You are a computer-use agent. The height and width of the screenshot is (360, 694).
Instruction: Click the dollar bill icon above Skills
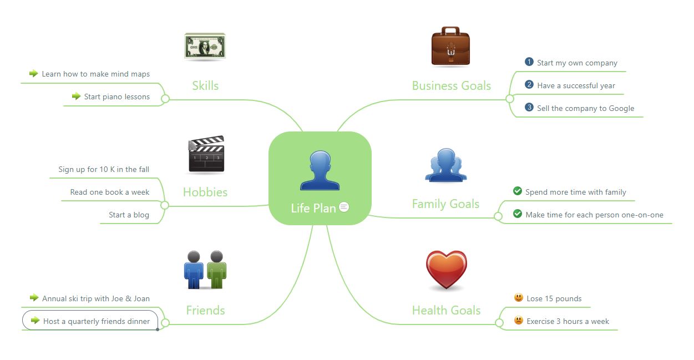click(x=205, y=47)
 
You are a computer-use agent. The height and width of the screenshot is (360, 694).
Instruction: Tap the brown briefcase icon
click(x=450, y=47)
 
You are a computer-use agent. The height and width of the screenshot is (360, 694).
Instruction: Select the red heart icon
click(x=446, y=270)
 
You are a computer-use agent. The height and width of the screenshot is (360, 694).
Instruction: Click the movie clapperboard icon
click(x=206, y=155)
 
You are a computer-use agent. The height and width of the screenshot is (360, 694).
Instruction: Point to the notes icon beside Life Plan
click(x=344, y=207)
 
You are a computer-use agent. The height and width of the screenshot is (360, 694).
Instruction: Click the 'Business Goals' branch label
click(x=451, y=86)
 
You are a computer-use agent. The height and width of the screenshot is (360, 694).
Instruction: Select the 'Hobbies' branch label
click(x=205, y=192)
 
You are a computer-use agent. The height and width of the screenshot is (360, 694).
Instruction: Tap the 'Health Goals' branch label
click(x=446, y=311)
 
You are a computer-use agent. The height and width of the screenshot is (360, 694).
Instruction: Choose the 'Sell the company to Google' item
click(x=585, y=109)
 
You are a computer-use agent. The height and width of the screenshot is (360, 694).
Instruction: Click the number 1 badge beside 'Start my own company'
click(x=529, y=62)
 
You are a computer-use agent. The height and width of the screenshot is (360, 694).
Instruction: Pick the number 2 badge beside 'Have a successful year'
click(x=529, y=85)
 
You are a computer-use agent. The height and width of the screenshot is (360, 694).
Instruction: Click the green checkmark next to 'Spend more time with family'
click(x=518, y=191)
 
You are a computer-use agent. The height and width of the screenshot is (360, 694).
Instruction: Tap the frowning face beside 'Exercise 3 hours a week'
click(x=519, y=321)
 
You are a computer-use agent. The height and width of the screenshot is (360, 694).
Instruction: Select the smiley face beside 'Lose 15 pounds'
click(x=519, y=298)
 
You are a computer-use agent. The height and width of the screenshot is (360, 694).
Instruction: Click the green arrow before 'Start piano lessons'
click(x=77, y=97)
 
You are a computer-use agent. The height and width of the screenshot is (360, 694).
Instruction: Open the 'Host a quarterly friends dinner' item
click(x=96, y=321)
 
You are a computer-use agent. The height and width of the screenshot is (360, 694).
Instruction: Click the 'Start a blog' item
click(x=129, y=215)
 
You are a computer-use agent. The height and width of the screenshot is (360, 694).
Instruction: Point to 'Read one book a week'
click(x=109, y=192)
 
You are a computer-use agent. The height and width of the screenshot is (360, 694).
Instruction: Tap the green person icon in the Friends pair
click(x=216, y=270)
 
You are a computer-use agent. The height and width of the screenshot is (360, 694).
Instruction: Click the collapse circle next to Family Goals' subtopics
click(x=498, y=215)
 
